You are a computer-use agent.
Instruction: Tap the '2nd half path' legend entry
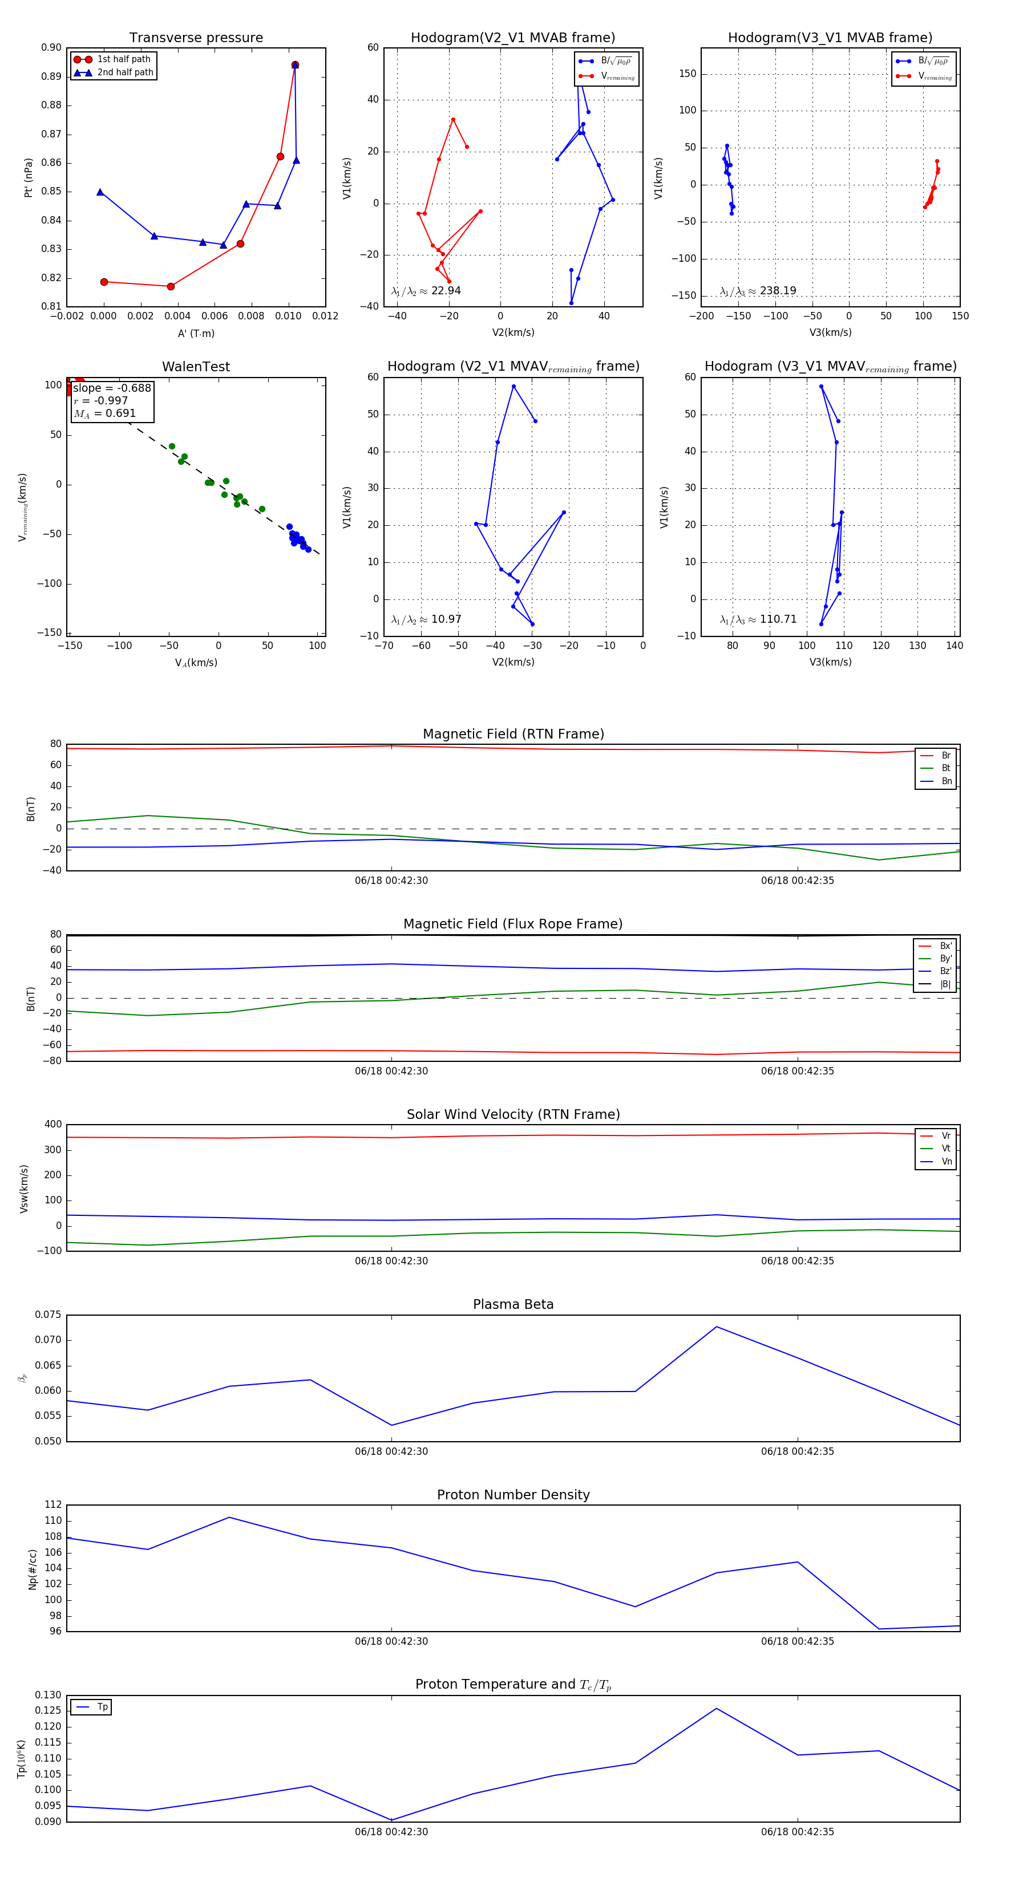(x=125, y=72)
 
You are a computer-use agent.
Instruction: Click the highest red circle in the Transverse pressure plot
(x=294, y=65)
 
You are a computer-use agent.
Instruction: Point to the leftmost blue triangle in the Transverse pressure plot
(x=100, y=192)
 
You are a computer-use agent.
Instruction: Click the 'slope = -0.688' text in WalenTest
(x=112, y=388)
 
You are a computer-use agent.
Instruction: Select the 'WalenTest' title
(x=196, y=367)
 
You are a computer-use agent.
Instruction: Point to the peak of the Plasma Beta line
(x=717, y=1327)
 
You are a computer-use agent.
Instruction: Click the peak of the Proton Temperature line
(x=717, y=1708)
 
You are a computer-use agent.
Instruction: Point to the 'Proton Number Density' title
(x=513, y=1495)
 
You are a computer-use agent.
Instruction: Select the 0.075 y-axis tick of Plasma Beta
(x=48, y=1315)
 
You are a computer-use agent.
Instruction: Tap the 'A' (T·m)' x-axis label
(x=196, y=334)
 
